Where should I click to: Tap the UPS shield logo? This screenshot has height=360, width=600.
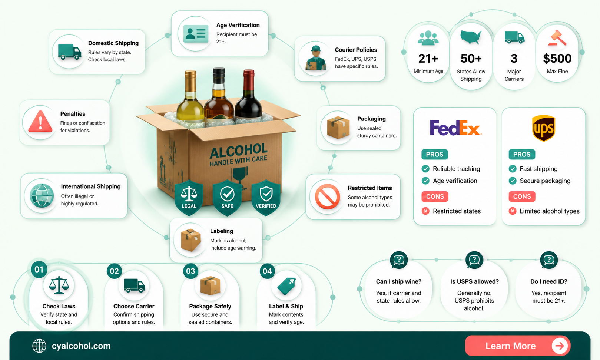[x=543, y=128]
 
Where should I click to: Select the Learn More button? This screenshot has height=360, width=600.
[x=517, y=346]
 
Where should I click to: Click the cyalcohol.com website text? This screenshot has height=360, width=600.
[x=81, y=346]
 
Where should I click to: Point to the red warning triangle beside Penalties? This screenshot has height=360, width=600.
[x=40, y=122]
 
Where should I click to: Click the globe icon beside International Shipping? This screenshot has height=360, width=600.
[x=42, y=195]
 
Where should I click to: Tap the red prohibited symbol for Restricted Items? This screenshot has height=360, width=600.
[x=327, y=196]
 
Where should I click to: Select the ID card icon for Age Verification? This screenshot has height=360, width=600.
[x=196, y=33]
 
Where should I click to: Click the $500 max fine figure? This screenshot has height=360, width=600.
[x=557, y=59]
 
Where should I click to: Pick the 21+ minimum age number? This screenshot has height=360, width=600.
[x=428, y=59]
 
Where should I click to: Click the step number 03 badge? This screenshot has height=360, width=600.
[x=191, y=271]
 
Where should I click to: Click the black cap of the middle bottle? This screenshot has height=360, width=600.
[x=219, y=75]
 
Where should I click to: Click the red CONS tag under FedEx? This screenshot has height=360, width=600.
[x=435, y=196]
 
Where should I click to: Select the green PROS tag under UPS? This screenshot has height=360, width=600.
[x=522, y=154]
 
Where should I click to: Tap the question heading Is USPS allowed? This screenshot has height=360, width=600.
[x=474, y=281]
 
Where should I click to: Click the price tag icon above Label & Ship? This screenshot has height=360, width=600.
[x=286, y=286]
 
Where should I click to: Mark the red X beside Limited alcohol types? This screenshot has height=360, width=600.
[x=513, y=211]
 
